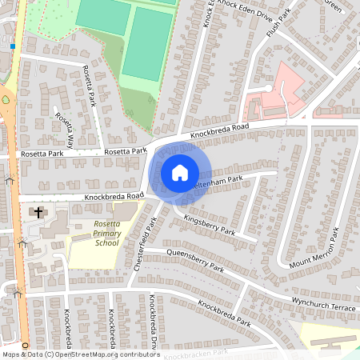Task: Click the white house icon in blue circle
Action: click(180, 172)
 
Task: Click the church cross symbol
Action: click(38, 213)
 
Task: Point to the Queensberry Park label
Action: click(196, 262)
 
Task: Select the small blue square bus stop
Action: click(14, 46)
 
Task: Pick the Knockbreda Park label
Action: click(224, 313)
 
